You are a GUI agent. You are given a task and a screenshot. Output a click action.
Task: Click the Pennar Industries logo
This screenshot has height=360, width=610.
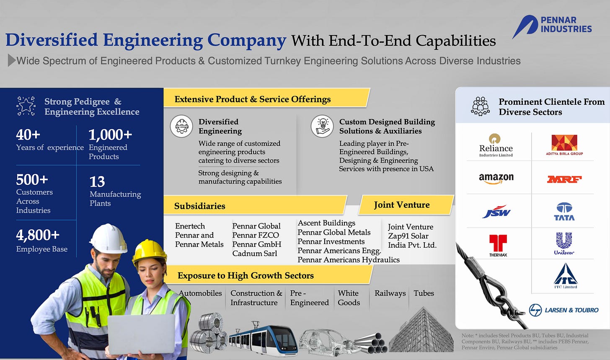(552, 26)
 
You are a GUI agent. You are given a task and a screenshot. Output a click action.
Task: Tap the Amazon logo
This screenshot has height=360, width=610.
(496, 179)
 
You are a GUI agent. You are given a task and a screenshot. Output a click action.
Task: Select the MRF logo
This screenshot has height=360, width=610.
(564, 179)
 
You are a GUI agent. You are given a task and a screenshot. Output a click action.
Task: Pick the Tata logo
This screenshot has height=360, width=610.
(564, 212)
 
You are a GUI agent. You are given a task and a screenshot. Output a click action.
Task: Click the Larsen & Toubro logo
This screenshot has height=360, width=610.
(563, 310)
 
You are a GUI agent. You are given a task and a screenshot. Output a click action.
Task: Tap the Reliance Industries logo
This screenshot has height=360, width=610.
(496, 145)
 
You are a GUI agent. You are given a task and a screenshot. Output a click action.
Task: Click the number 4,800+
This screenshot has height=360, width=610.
(38, 235)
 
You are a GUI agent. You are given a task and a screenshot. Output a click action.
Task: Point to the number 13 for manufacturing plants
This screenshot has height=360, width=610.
(97, 182)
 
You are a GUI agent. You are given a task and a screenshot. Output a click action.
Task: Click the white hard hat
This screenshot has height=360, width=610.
(108, 238)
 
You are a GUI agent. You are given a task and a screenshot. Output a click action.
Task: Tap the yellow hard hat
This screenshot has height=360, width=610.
(149, 251)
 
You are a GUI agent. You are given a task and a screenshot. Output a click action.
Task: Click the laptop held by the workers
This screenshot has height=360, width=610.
(141, 334)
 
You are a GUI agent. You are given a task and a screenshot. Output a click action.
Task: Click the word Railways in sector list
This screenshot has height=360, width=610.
(390, 293)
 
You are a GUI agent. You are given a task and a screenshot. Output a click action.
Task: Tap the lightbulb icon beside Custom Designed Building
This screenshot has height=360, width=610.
(322, 125)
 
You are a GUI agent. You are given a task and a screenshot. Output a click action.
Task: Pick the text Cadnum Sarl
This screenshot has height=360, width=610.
(255, 254)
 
